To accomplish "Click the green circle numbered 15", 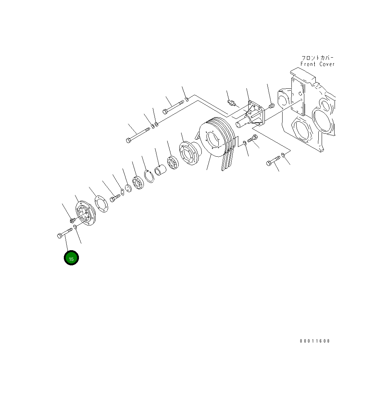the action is point(71,258).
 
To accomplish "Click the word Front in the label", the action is point(308,64).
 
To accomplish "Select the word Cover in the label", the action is point(327,64).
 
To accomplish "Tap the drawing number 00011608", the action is point(315,341).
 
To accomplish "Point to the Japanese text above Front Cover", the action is point(318,58).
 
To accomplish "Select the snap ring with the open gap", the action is point(149,176).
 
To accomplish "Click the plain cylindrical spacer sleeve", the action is point(160,170).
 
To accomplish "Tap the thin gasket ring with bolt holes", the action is point(101,204).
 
